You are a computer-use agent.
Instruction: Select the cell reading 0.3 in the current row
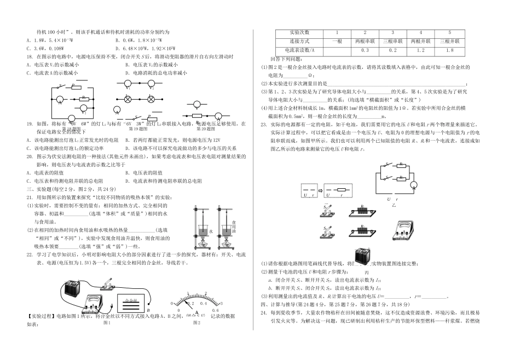(365, 51)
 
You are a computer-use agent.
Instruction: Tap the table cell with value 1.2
(420, 51)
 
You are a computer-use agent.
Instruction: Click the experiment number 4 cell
(420, 32)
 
